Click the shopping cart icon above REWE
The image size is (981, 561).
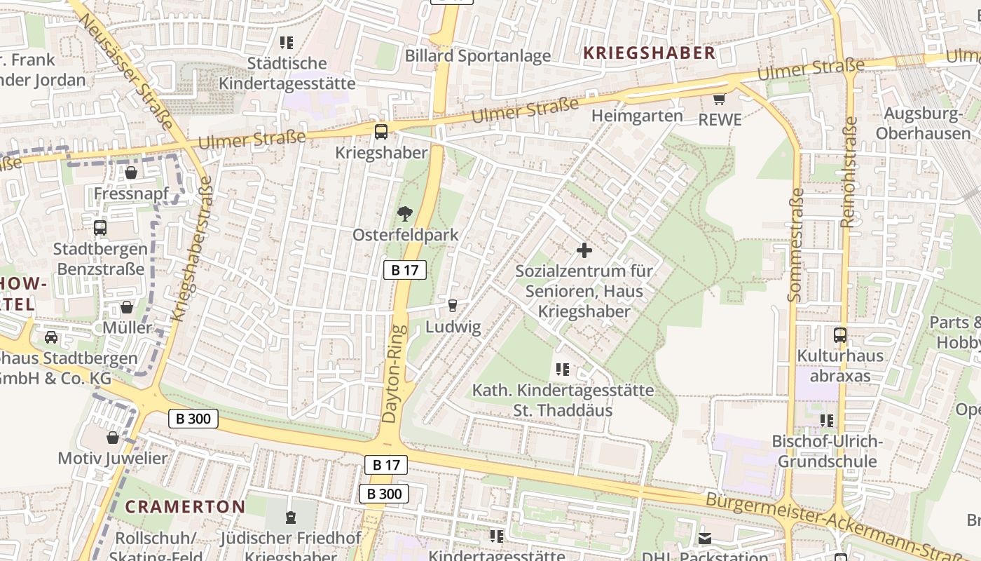(x=719, y=99)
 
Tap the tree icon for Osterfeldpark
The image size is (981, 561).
(x=404, y=214)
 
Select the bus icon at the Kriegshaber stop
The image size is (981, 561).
(x=380, y=131)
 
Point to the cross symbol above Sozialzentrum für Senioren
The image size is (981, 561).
(x=584, y=250)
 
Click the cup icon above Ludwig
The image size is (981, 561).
(x=453, y=306)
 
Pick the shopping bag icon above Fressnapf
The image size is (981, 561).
(x=130, y=172)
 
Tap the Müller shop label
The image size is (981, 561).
(x=127, y=327)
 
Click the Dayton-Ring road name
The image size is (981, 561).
(x=395, y=374)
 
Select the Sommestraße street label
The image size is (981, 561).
(x=795, y=245)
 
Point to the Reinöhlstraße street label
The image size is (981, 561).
(x=848, y=172)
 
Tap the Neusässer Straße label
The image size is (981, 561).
(x=127, y=69)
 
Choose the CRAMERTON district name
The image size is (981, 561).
(x=185, y=506)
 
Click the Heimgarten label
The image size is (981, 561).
(x=637, y=116)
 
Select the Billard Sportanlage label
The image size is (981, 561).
(x=478, y=56)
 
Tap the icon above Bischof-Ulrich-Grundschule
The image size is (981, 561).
(x=827, y=421)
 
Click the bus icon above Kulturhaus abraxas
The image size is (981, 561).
(x=839, y=335)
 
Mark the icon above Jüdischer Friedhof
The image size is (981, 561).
(x=291, y=518)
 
